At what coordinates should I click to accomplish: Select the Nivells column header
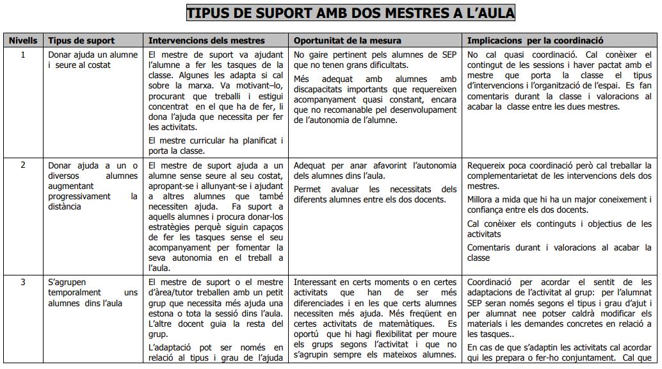pos(23,40)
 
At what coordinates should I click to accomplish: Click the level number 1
pos(23,54)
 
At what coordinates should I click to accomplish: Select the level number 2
pos(23,165)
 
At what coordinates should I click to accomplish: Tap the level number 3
pos(23,281)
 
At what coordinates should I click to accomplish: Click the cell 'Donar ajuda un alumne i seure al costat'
pos(93,60)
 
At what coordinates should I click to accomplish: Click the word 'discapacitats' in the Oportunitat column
pos(319,89)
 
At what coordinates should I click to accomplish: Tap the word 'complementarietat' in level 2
pos(505,176)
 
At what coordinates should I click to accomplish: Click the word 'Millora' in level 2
pos(481,200)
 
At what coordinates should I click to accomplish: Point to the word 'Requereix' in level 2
pos(487,165)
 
